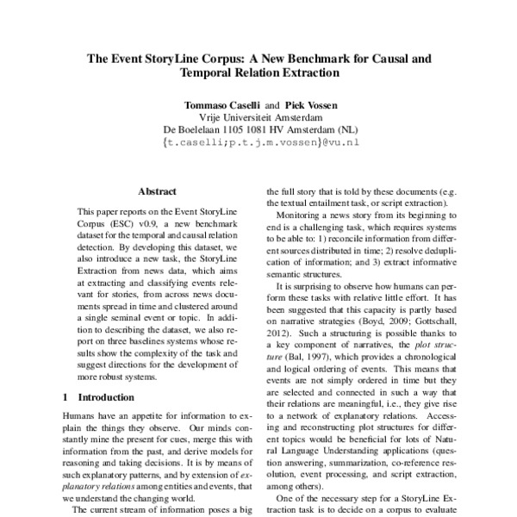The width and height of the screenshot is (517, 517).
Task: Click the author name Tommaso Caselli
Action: click(221, 105)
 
